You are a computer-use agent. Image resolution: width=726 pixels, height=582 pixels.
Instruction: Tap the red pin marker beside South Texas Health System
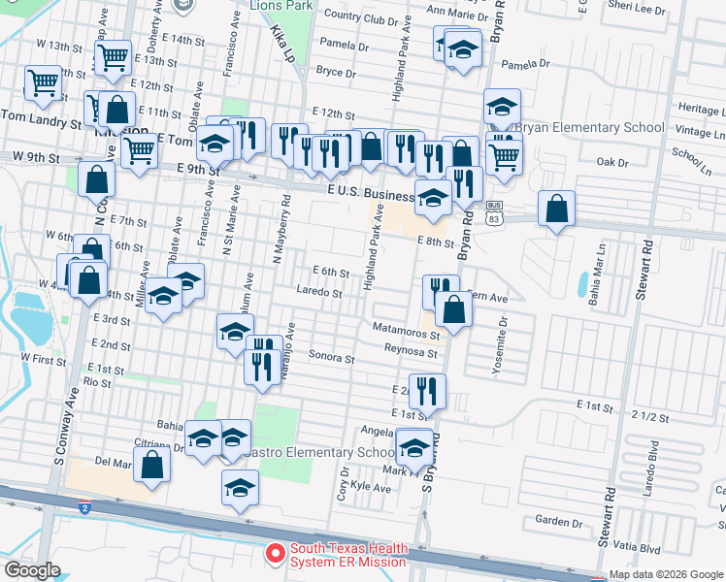[x=276, y=554]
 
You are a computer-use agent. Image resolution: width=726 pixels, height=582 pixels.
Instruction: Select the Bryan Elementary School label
[x=589, y=127]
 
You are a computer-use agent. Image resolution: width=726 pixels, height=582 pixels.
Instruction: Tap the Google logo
[x=32, y=570]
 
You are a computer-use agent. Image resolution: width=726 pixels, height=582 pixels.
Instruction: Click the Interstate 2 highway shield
[x=84, y=507]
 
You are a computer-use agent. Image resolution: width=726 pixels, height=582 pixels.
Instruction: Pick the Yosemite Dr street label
[x=502, y=337]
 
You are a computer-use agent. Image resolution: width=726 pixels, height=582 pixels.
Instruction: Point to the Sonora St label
[x=331, y=358]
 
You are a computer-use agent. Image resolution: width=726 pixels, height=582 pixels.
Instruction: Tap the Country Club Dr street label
[x=361, y=18]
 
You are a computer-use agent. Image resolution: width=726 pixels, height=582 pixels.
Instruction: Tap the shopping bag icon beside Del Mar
[x=152, y=465]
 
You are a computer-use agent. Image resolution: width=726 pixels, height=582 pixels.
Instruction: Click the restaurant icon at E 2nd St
[x=427, y=391]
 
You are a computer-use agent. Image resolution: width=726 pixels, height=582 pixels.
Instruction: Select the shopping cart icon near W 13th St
[x=114, y=58]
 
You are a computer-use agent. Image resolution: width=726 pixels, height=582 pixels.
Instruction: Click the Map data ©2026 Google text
[x=666, y=574]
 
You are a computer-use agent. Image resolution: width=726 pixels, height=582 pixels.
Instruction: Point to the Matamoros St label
[x=407, y=329]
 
